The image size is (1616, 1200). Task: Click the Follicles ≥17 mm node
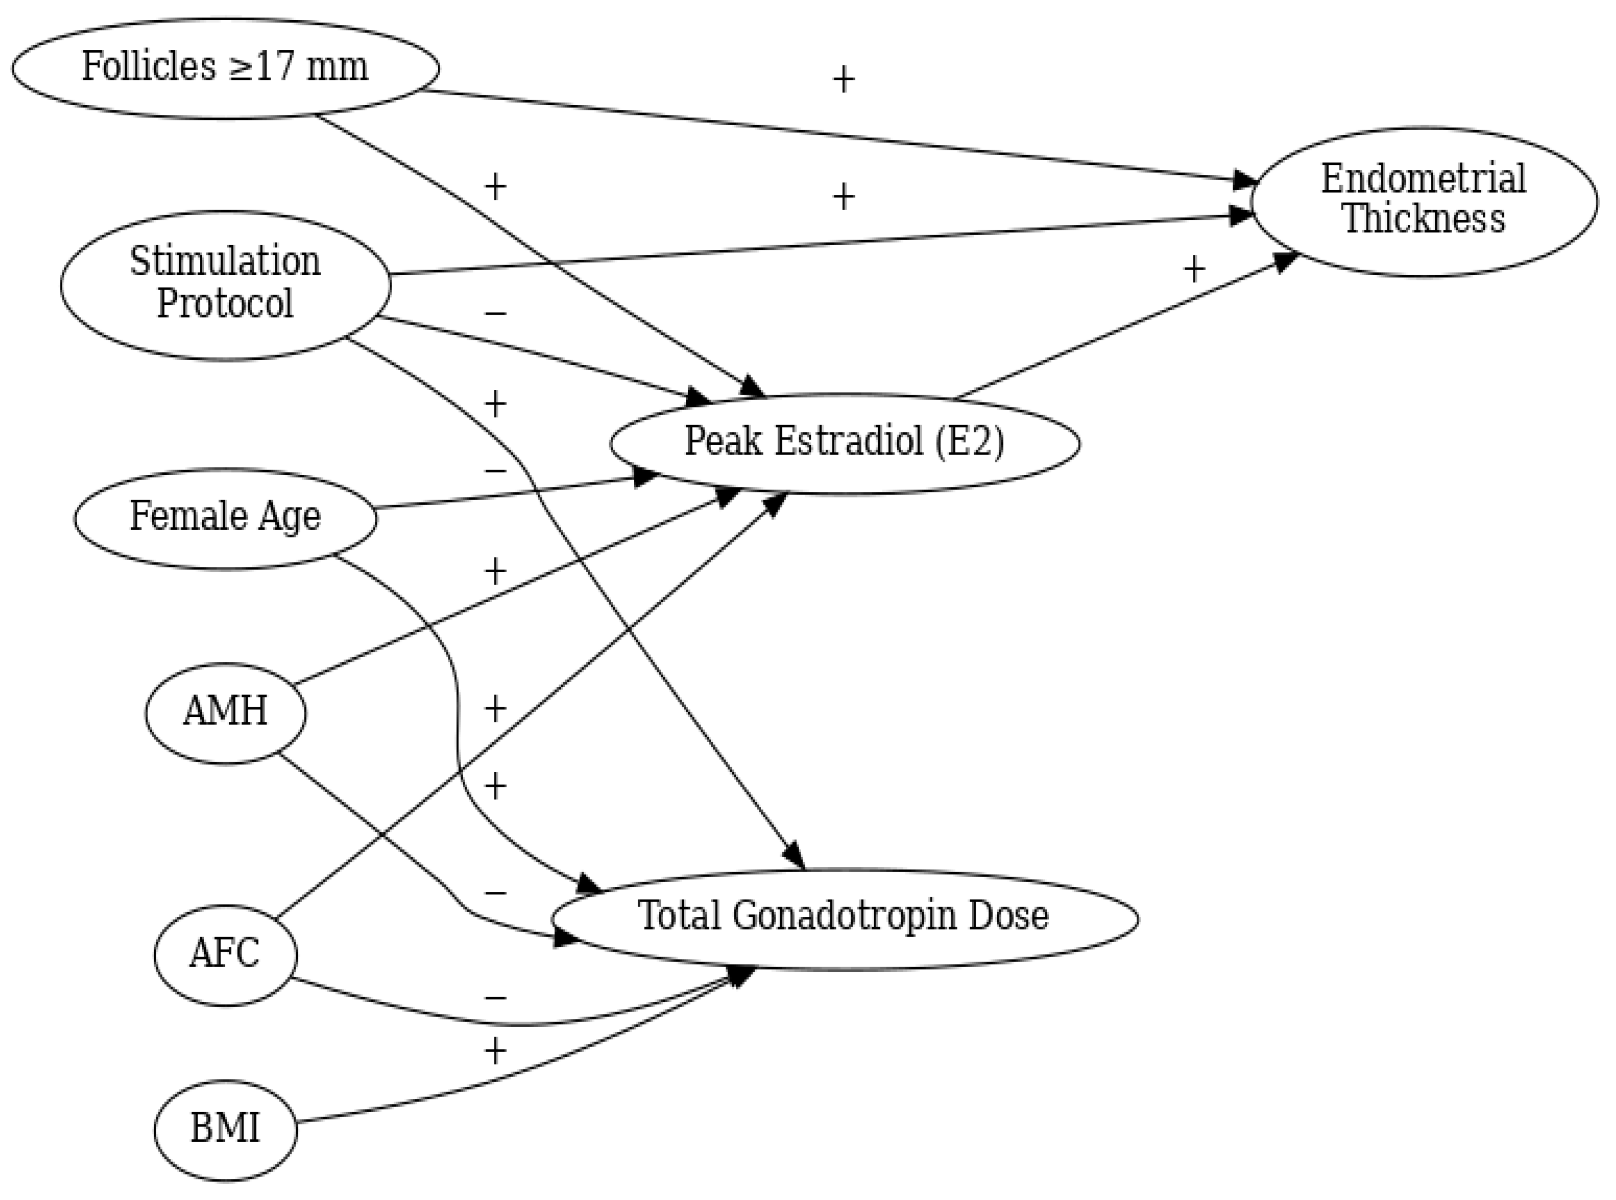(x=225, y=68)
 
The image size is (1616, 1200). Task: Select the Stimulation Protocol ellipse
(x=225, y=285)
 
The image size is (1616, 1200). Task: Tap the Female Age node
(x=225, y=518)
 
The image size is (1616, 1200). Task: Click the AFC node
(x=225, y=955)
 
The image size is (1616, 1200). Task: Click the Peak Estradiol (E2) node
(x=844, y=443)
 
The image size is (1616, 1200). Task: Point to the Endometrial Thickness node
(x=1424, y=201)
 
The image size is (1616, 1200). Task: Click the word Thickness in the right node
(x=1424, y=219)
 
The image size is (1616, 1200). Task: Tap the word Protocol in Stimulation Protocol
(x=225, y=304)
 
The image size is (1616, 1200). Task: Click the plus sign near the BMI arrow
(x=494, y=1051)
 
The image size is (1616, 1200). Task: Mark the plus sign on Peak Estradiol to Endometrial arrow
(x=1194, y=270)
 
